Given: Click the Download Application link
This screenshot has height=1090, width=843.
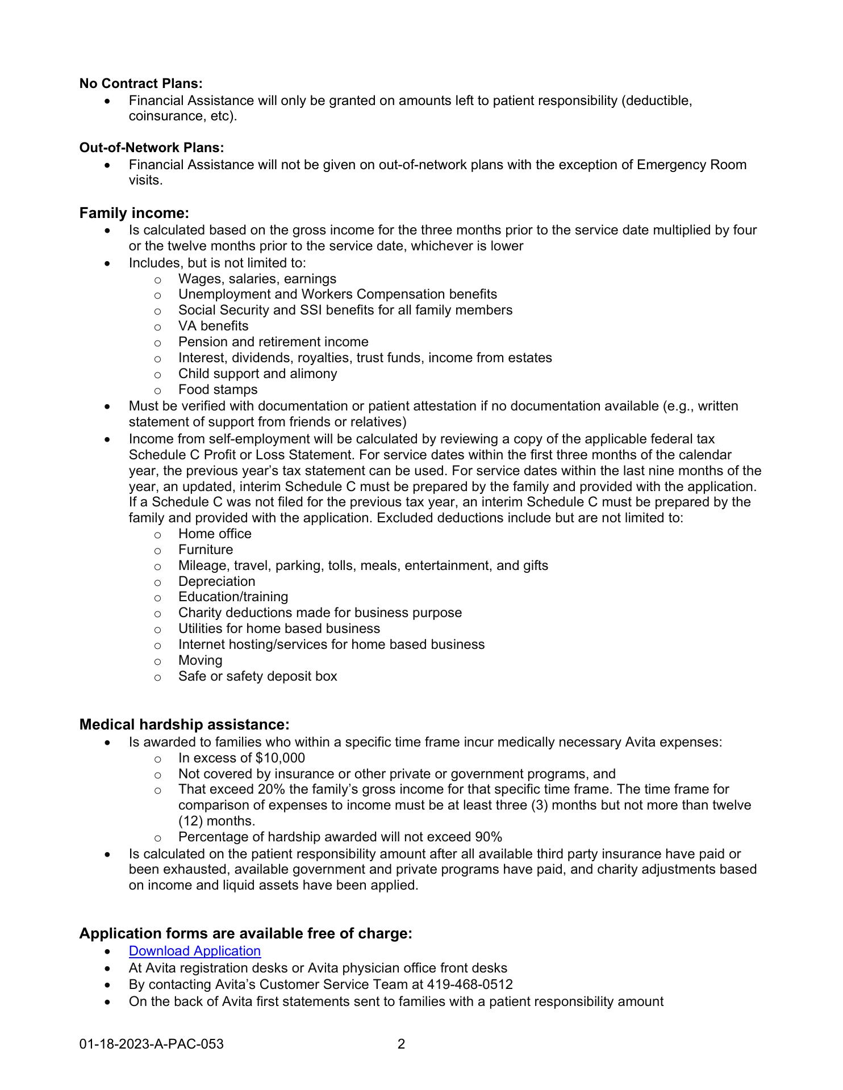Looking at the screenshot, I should coord(194,951).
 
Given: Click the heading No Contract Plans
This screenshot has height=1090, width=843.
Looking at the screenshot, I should coord(141,83).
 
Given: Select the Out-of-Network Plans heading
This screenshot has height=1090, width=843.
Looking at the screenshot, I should coord(152,148).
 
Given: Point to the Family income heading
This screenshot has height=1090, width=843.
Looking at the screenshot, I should coord(134,213).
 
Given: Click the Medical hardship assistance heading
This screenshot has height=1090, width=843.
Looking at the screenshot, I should coord(185,725).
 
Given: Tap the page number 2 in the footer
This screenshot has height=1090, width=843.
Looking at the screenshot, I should coord(401,1044).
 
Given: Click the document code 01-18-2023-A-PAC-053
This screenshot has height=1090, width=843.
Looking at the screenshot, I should coord(152,1044).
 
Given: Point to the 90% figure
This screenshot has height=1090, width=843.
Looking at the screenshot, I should coord(488,837).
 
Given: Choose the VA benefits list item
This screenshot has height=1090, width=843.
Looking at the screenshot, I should coord(213,326).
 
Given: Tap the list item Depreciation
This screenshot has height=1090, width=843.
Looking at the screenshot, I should coord(216,581).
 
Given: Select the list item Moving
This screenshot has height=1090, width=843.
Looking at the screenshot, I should coord(200,660).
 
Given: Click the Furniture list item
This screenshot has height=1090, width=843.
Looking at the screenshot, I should coord(205,550).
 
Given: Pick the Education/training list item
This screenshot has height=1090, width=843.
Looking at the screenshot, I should coord(233,597).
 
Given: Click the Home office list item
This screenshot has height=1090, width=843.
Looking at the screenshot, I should coord(214,534).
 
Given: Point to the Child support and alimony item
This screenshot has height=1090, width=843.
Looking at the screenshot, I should coord(257,374).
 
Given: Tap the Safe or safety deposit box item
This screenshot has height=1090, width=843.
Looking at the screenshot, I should coord(257,676).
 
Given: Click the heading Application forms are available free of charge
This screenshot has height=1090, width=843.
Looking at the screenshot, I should coord(245,933).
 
